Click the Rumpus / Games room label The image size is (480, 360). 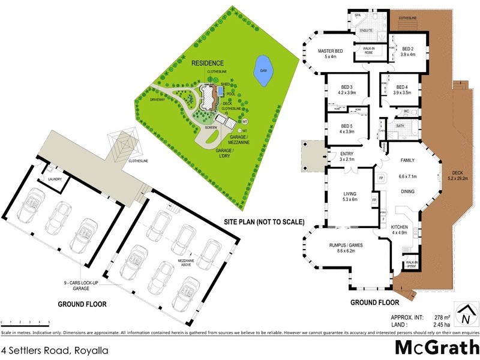[349, 248]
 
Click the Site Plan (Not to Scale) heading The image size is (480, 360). [264, 222]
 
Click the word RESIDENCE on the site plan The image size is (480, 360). [208, 63]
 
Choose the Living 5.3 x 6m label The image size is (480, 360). [350, 196]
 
